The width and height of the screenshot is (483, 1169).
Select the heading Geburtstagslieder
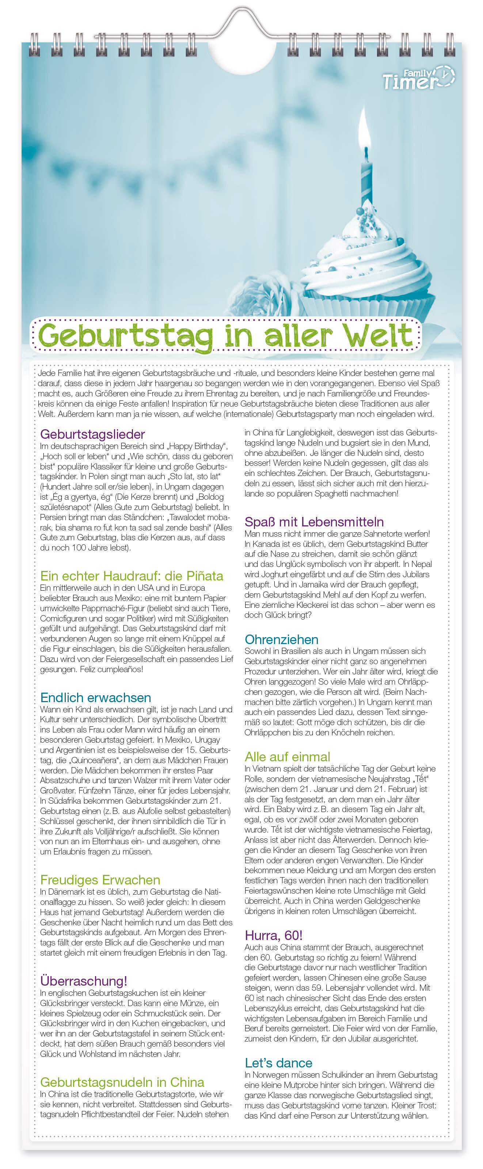(92, 434)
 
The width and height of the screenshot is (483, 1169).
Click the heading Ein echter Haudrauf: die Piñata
(132, 576)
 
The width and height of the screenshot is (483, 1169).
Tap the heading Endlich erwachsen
(95, 697)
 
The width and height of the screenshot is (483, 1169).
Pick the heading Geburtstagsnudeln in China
(122, 1082)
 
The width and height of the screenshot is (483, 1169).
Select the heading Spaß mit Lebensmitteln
(314, 522)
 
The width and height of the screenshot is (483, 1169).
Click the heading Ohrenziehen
(281, 639)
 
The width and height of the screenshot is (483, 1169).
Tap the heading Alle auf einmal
(287, 757)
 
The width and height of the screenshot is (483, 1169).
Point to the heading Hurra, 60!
(273, 935)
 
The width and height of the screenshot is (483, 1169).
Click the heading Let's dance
(278, 1063)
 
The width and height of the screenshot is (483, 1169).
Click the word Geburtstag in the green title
(125, 336)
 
